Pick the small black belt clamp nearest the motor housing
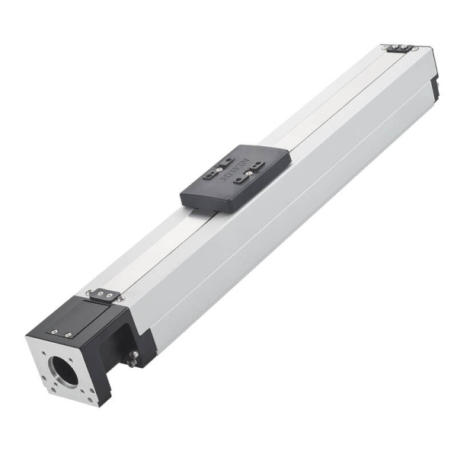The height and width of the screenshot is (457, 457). pyautogui.click(x=104, y=294)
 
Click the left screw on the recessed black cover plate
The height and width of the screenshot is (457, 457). pyautogui.click(x=55, y=331)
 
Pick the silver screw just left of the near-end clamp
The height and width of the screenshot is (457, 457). pyautogui.click(x=88, y=291)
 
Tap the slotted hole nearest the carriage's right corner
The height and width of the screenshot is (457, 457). pyautogui.click(x=260, y=165)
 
